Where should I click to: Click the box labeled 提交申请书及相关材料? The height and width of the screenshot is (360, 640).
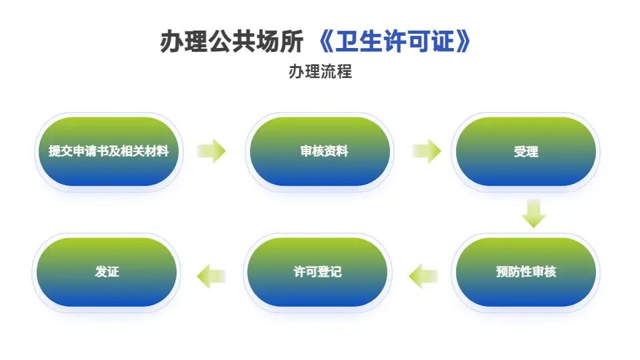coord(108,151)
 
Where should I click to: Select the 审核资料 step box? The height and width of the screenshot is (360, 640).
coord(320,151)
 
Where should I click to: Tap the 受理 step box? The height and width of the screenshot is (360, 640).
coord(525,151)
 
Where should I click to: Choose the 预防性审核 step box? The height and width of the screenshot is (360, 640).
coord(525,272)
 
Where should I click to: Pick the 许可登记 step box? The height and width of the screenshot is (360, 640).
coord(317,272)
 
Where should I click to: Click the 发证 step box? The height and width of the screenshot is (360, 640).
coord(107,272)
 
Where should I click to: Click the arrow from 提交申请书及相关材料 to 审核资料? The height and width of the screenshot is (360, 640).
coord(212,151)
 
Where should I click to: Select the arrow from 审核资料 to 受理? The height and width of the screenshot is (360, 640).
coord(427,151)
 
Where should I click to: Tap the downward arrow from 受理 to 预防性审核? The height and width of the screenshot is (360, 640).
coord(534,213)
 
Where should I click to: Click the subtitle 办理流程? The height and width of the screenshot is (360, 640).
coord(320,71)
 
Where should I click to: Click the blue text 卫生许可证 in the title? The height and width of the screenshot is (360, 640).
coord(396,42)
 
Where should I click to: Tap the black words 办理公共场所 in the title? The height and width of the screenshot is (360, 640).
coord(234,42)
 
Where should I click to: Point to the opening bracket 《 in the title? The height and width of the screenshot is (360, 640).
coord(325,42)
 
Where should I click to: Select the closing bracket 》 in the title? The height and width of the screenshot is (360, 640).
coord(464,42)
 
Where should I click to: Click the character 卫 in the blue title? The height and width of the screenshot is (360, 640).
coord(347,42)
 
